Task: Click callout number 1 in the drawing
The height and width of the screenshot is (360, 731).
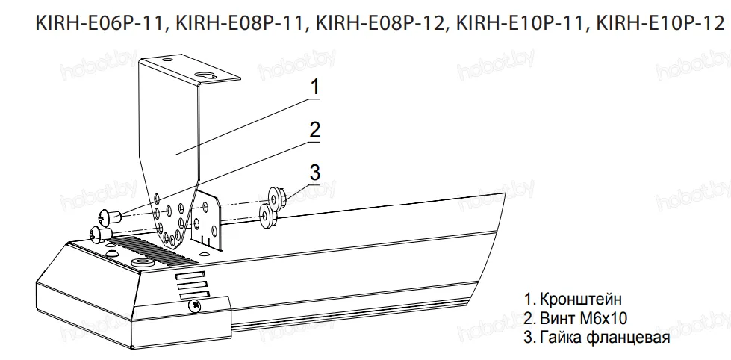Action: pyautogui.click(x=315, y=87)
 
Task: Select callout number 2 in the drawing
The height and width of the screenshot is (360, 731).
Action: pyautogui.click(x=315, y=129)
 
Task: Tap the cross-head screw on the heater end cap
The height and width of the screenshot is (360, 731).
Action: pyautogui.click(x=196, y=305)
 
